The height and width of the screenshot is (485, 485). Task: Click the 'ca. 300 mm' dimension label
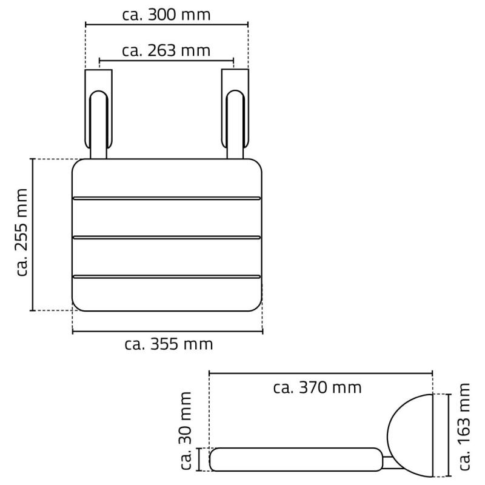click(166, 15)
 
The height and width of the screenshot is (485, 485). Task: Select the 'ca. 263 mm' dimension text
click(166, 50)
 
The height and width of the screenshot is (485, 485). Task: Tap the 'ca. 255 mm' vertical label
click(22, 232)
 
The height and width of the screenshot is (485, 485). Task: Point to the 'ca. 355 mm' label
click(169, 344)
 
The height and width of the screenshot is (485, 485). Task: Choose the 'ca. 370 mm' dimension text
click(317, 387)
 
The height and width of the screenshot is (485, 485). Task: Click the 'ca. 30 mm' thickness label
click(186, 431)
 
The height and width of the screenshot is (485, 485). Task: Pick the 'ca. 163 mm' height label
click(464, 427)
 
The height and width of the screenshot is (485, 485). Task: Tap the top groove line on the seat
click(167, 198)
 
